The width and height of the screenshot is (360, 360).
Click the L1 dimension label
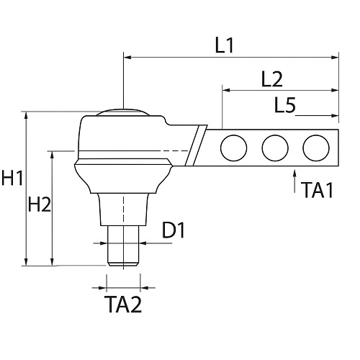(225, 45)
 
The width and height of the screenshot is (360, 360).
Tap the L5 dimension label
(285, 105)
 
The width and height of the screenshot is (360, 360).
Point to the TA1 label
(318, 190)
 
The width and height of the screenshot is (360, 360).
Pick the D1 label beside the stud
(174, 231)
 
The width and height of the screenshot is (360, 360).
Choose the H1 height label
(12, 179)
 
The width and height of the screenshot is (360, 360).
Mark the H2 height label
(39, 205)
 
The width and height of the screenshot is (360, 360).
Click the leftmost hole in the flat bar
(233, 148)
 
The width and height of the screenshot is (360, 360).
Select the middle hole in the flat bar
(274, 148)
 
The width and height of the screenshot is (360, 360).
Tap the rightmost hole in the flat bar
(315, 148)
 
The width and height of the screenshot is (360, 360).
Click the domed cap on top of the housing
(123, 113)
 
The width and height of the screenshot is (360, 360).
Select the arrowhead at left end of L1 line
(127, 55)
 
